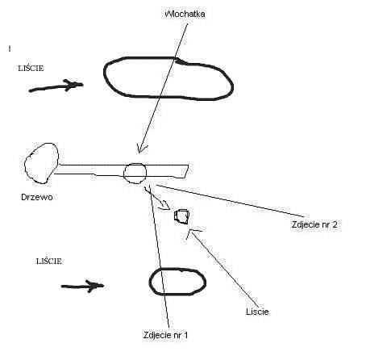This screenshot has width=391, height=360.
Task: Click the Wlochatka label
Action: click(x=185, y=14)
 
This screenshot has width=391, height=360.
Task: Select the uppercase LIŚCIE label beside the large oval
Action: click(x=31, y=69)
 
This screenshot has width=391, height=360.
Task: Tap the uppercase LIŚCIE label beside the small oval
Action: click(x=49, y=262)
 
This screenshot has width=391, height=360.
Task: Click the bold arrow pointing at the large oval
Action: click(x=56, y=86)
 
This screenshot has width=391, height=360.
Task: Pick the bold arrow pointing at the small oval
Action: click(x=82, y=286)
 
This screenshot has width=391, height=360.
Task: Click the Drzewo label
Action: click(x=37, y=197)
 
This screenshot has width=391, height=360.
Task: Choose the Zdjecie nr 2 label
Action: click(x=314, y=224)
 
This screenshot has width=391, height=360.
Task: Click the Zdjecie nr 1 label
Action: click(x=165, y=335)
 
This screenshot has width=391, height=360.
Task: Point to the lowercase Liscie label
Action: click(x=257, y=312)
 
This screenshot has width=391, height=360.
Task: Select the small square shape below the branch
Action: click(x=182, y=216)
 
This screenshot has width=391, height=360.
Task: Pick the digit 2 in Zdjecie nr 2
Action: click(x=335, y=224)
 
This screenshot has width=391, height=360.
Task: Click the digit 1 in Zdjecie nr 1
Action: click(x=185, y=335)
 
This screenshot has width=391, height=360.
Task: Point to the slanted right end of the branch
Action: click(x=186, y=171)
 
